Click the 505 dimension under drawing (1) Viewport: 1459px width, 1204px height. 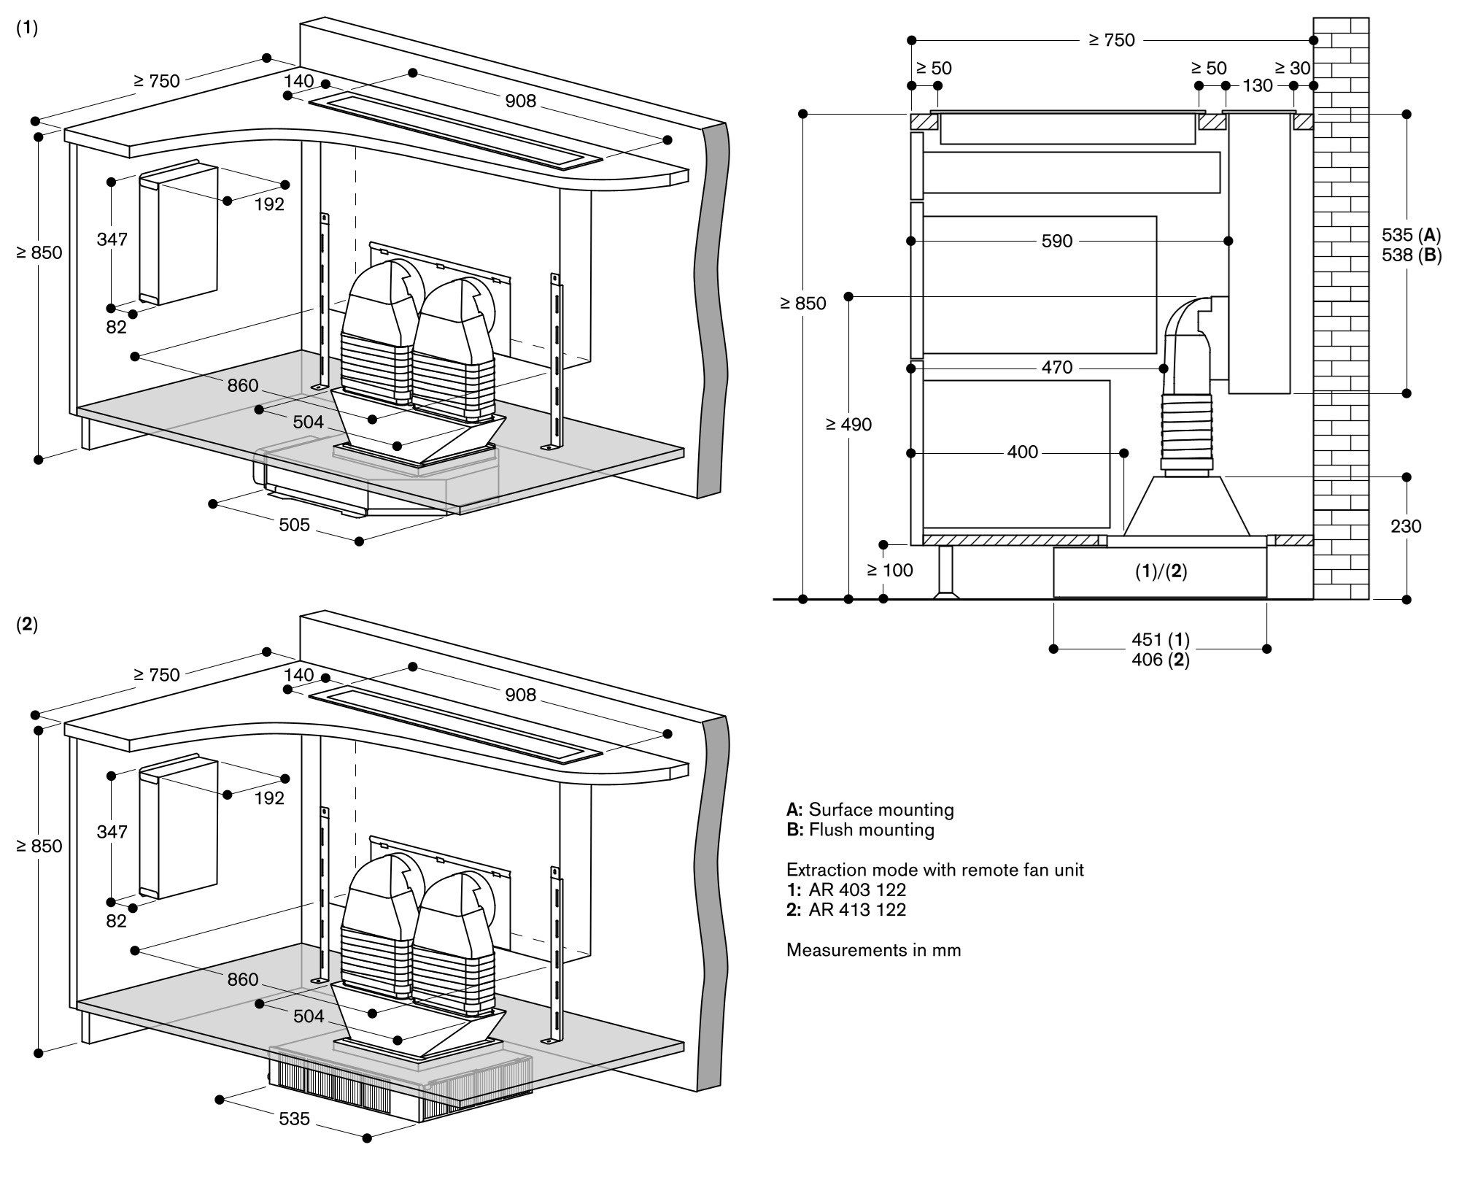[294, 525]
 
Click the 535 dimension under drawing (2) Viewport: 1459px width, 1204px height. [294, 1119]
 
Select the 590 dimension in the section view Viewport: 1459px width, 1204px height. [1056, 241]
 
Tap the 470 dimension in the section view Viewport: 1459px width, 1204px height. [1056, 367]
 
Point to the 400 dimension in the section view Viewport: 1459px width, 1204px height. [1022, 452]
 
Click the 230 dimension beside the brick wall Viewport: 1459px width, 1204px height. [1405, 526]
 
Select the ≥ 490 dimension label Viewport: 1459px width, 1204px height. [848, 425]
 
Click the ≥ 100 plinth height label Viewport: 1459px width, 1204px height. [890, 570]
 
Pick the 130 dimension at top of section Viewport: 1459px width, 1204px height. [1258, 85]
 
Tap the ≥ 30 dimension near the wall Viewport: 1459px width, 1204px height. [1293, 68]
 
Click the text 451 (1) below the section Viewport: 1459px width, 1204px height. [1160, 639]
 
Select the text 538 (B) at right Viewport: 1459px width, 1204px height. [1412, 255]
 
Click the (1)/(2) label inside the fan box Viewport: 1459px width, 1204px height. [1161, 572]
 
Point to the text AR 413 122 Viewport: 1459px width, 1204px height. [856, 909]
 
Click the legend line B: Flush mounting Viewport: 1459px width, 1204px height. [860, 830]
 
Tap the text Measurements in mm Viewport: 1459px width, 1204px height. [873, 950]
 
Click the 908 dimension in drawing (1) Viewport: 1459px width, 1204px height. [520, 101]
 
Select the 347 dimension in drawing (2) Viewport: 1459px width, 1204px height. [112, 832]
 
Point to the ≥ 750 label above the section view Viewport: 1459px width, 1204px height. [1112, 40]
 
